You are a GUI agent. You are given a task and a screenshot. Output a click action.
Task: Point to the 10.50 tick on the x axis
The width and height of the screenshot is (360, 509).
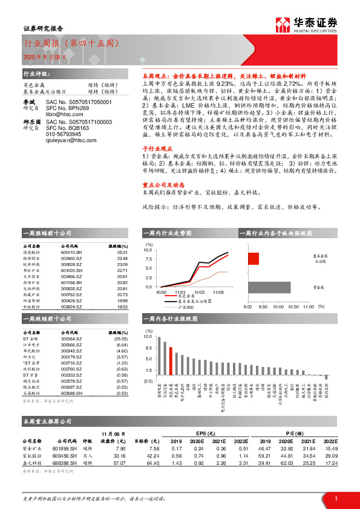(x=293, y=307)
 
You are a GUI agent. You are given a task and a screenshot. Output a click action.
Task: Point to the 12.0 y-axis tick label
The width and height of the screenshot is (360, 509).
(x=148, y=336)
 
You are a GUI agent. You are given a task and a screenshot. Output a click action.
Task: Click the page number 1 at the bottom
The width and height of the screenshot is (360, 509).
(x=336, y=497)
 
